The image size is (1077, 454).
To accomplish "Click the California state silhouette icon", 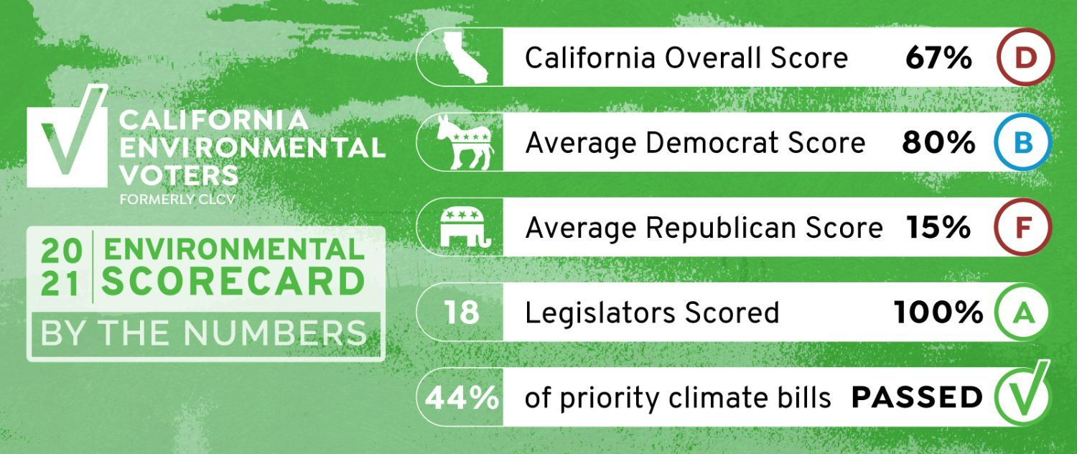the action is tap(465, 57).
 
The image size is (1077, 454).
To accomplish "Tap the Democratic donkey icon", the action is tap(465, 142).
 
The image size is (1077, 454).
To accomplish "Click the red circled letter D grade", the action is tap(1025, 57).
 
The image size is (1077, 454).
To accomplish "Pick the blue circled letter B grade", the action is tap(1022, 142).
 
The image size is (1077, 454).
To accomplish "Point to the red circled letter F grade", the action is tap(1022, 228).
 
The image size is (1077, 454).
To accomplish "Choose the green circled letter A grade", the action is tap(1022, 312).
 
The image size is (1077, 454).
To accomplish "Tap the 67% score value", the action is tap(938, 57).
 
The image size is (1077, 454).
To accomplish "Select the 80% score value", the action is tap(938, 143).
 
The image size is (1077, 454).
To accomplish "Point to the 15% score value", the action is tap(938, 228).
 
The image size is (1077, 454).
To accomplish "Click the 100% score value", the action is tap(938, 312).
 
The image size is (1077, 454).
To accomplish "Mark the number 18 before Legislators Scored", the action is tap(462, 312).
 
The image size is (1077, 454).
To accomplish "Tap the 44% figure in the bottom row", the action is tap(462, 398).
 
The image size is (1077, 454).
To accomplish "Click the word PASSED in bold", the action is tap(916, 398).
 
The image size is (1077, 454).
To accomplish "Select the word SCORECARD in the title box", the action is tap(233, 282).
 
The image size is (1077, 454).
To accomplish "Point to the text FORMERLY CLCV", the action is tap(177, 199).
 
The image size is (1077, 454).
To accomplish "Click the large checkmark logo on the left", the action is tap(67, 136).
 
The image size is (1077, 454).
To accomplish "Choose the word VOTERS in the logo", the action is tap(179, 175).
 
